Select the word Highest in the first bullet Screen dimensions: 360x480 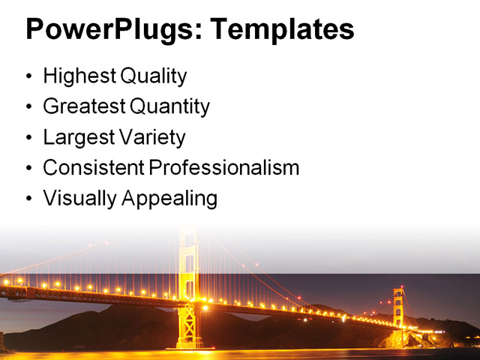pos(76,76)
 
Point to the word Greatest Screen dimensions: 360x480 pos(84,106)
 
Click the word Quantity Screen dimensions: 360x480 pos(170,106)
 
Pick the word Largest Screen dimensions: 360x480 pos(78,137)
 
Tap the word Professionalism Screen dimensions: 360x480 pos(224,168)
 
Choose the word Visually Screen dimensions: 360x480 pos(74,199)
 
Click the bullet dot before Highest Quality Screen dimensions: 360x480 pos(29,77)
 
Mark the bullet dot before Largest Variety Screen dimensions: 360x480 pos(29,138)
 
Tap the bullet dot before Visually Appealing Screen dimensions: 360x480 pos(29,199)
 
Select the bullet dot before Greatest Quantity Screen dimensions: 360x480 pos(29,107)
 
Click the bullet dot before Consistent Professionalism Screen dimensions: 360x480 pos(29,169)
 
